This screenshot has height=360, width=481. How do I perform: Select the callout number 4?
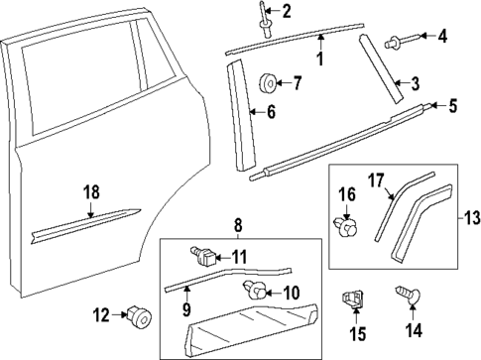pos(443,37)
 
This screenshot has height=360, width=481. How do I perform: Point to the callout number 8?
pos(237,227)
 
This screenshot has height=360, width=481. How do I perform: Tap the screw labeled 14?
pos(413,300)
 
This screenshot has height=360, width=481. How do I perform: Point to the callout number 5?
pos(454,103)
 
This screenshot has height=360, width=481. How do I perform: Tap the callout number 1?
pos(319,59)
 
